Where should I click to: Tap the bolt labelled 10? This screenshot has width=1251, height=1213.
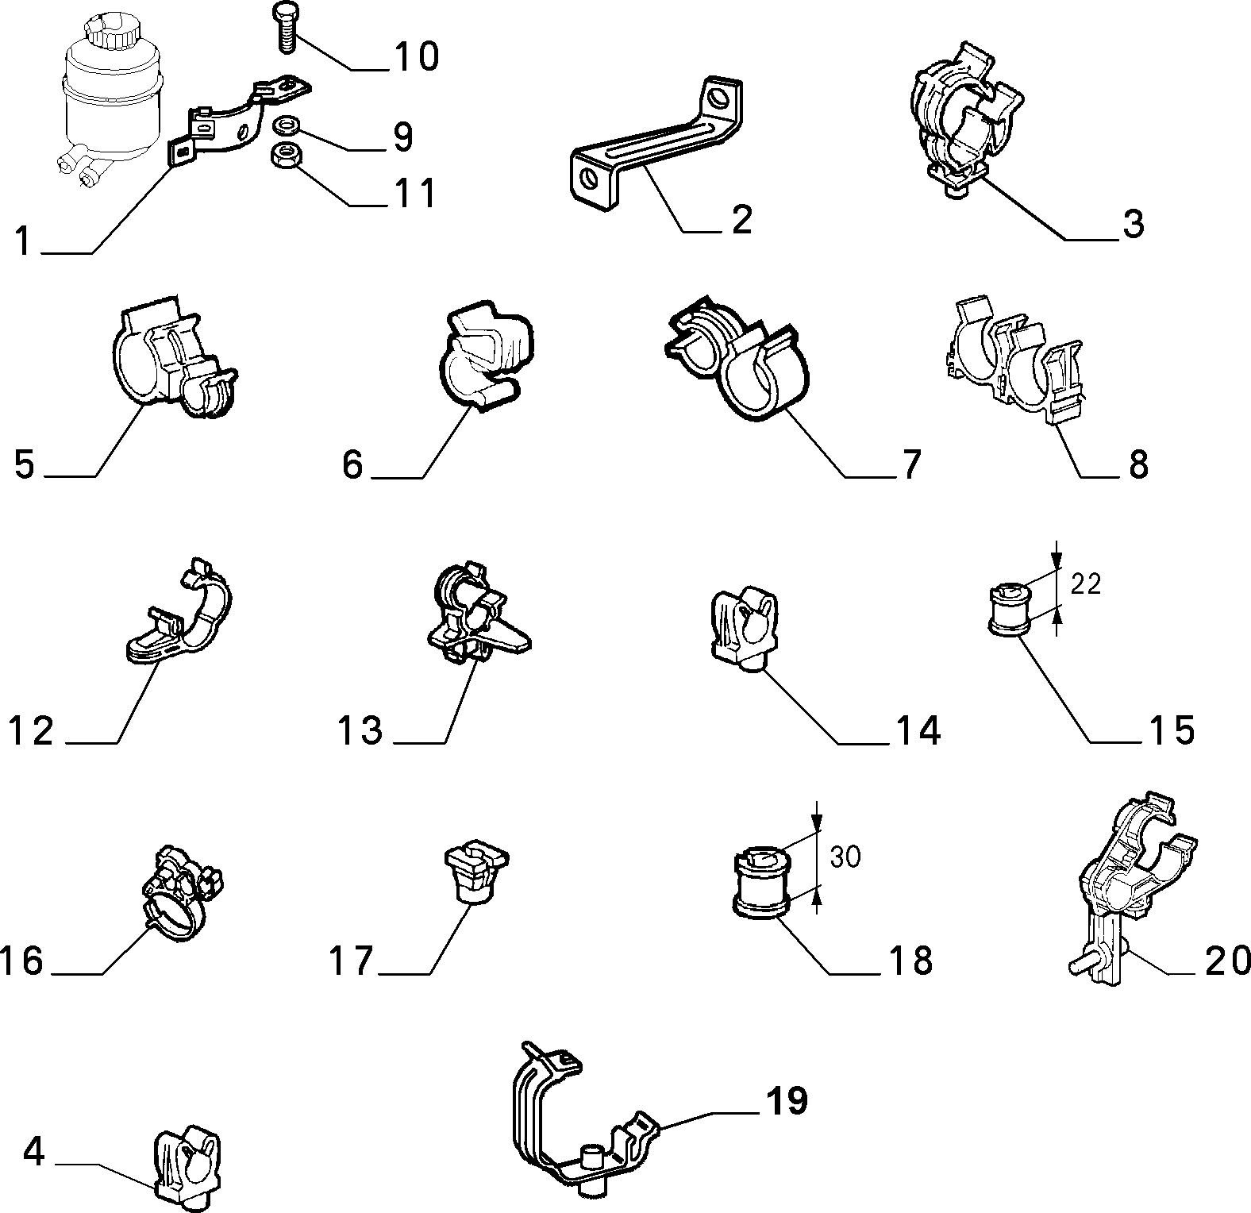click(285, 27)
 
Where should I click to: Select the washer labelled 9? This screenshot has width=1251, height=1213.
click(285, 126)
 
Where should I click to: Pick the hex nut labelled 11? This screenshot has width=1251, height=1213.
click(285, 154)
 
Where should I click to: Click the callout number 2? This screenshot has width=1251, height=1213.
click(741, 219)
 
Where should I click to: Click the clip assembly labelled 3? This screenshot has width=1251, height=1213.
click(965, 118)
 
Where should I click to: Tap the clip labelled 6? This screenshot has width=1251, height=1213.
click(485, 355)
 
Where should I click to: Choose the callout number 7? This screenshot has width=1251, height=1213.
click(910, 464)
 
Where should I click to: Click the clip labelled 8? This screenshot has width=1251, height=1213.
click(1015, 356)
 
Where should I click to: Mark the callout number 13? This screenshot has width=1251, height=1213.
click(360, 730)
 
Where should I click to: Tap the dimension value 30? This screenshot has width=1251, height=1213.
click(845, 857)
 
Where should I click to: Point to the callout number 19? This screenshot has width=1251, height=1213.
click(787, 1100)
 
